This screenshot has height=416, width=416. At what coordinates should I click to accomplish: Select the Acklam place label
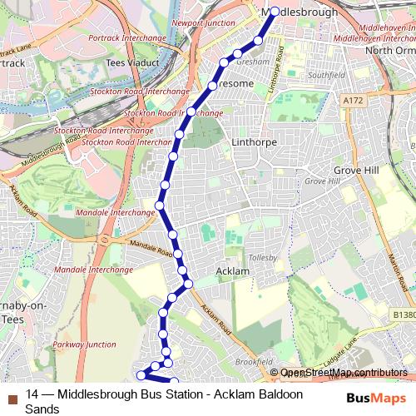click(232, 271)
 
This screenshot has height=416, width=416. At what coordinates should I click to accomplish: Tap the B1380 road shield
click(404, 314)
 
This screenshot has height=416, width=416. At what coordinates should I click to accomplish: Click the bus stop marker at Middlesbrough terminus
click(274, 12)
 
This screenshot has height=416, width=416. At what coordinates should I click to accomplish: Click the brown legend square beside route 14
click(12, 396)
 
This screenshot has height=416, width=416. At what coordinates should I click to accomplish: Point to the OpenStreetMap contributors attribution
click(344, 374)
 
